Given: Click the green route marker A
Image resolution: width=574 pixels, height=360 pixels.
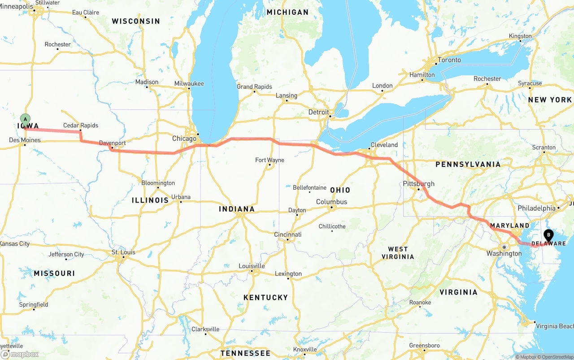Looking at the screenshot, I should (x=26, y=120).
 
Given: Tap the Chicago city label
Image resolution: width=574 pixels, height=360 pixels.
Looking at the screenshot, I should (x=184, y=139).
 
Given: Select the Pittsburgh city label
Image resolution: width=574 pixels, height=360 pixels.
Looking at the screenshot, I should (x=419, y=184).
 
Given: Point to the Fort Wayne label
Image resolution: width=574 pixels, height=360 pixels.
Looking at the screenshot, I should (x=270, y=160).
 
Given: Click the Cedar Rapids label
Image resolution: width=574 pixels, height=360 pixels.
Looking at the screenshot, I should (x=81, y=126).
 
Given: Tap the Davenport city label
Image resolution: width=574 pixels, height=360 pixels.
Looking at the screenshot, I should (x=112, y=143).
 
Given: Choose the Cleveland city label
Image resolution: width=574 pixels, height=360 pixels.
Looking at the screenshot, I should (x=384, y=145).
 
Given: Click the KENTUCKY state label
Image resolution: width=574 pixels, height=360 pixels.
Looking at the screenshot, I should (x=265, y=298).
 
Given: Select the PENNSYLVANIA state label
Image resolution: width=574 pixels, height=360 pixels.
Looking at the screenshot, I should (x=468, y=165).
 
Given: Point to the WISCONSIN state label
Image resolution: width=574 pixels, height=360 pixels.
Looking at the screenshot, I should (x=136, y=21).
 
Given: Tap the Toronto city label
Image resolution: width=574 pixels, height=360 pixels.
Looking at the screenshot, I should (x=449, y=60).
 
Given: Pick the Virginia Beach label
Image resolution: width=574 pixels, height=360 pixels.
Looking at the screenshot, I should (x=554, y=326).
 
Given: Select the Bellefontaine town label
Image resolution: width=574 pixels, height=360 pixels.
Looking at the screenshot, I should (x=309, y=187).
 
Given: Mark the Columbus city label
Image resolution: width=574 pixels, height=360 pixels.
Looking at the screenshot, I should (x=331, y=202).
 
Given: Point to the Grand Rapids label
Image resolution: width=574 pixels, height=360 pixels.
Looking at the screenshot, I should (x=254, y=87).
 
